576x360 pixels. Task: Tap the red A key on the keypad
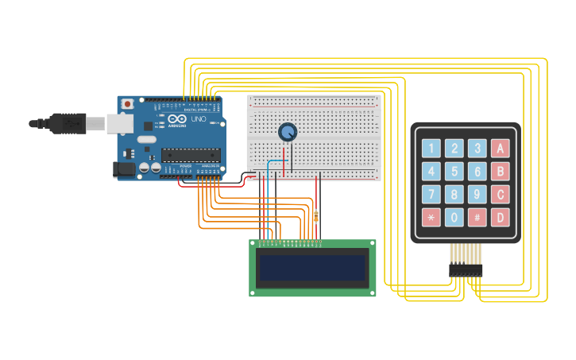[x=500, y=148]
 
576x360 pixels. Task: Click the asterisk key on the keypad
[x=431, y=217]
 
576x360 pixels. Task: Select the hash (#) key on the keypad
[x=477, y=217]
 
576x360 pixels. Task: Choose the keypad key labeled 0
[x=454, y=217]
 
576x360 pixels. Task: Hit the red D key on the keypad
[x=500, y=217]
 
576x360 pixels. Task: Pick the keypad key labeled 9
[x=477, y=194]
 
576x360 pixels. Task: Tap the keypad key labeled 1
[x=431, y=148]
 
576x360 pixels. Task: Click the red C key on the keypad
[x=500, y=194]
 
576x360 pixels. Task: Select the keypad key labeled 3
[x=477, y=148]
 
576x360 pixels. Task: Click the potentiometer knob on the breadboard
[x=287, y=132]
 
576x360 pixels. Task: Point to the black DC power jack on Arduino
[x=123, y=168]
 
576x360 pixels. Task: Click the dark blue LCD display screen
[x=312, y=268]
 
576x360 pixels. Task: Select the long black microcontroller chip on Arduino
[x=190, y=155]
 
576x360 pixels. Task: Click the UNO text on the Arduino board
[x=198, y=119]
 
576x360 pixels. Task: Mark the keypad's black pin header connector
[x=466, y=271]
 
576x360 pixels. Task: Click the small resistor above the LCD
[x=316, y=215]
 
